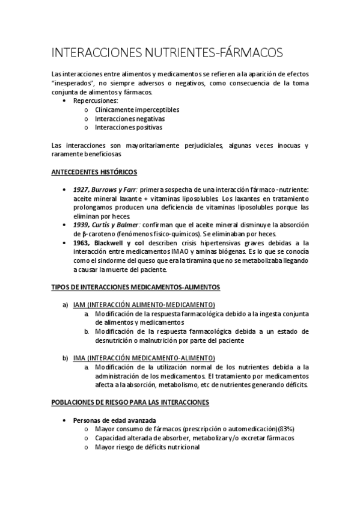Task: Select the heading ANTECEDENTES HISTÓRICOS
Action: [94, 172]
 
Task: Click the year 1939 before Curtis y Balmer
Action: [82, 224]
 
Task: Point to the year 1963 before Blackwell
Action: [82, 242]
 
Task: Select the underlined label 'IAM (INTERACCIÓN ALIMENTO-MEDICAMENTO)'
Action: [144, 305]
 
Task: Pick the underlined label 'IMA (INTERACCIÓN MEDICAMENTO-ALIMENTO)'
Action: [144, 358]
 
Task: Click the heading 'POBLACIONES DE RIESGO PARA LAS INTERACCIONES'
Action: [130, 402]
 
